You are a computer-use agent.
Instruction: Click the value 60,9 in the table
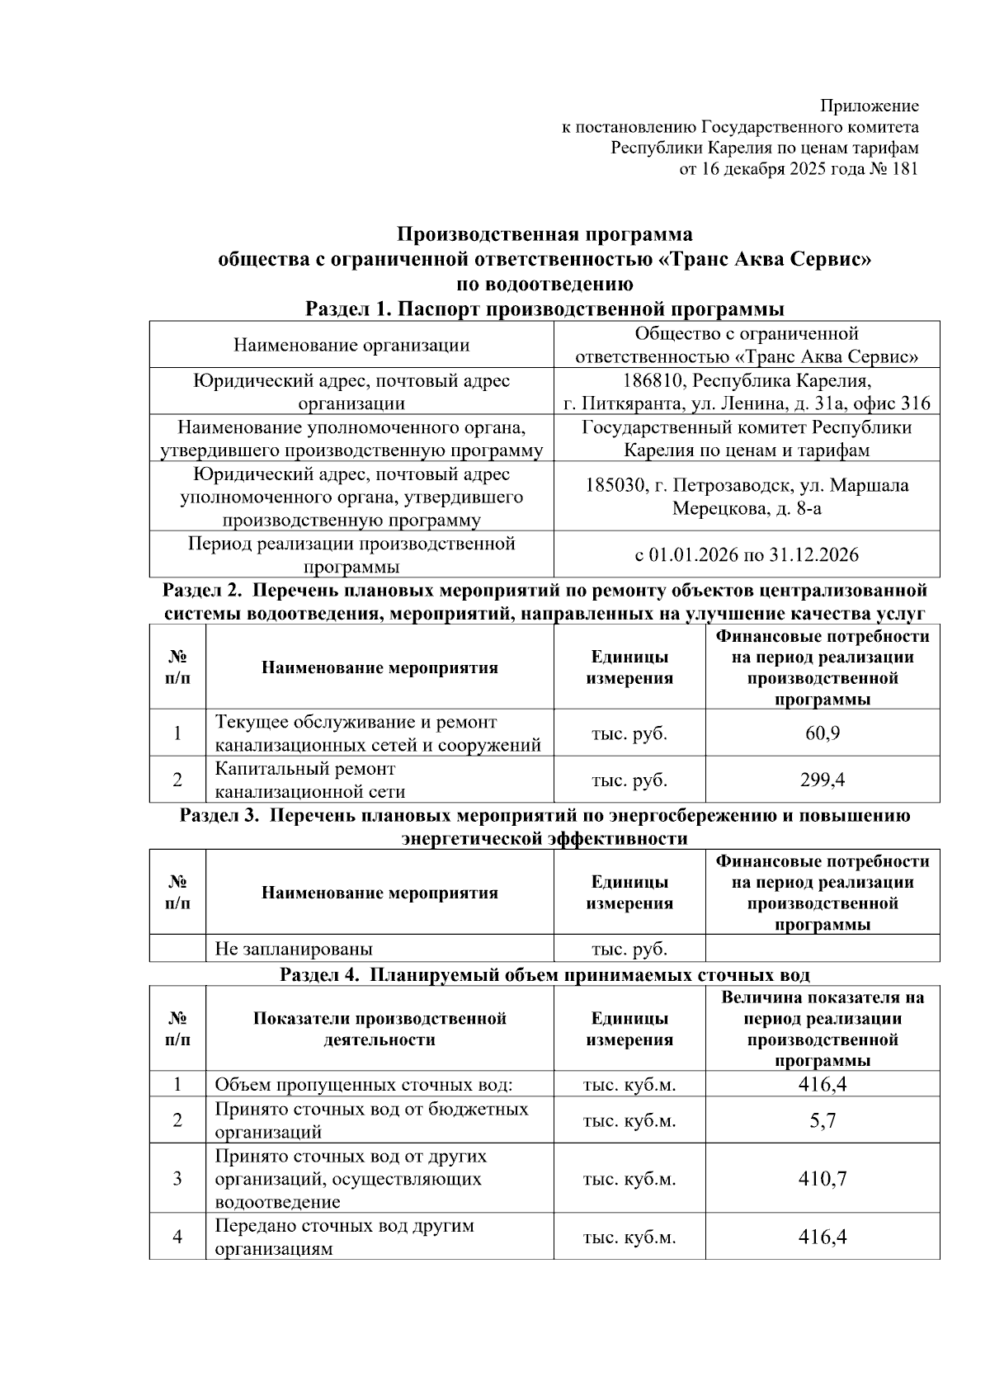tap(822, 733)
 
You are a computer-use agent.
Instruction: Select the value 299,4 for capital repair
tap(822, 780)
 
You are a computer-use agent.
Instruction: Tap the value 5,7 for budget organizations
tap(822, 1120)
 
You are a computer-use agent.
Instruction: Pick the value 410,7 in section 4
tap(822, 1178)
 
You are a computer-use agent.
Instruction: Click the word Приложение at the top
tap(869, 106)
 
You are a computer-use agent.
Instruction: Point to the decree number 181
tap(904, 169)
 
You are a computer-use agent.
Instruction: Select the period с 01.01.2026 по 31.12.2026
tap(746, 554)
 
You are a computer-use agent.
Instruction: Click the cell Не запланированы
tap(294, 949)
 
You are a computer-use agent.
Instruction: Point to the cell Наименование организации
tap(351, 345)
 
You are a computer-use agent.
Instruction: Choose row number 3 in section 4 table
tap(177, 1178)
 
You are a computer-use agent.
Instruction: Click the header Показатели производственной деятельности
tap(379, 1029)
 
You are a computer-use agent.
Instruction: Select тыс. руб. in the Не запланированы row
tap(629, 949)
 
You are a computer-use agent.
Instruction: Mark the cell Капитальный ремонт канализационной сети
tap(310, 780)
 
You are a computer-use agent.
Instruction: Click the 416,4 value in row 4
tap(822, 1237)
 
